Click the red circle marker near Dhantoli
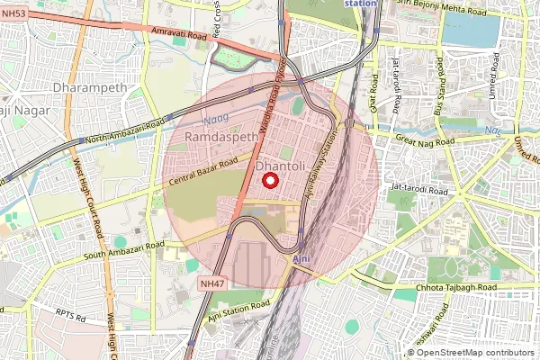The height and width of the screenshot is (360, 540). [x=269, y=181]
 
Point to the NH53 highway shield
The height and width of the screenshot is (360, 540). [x=14, y=13]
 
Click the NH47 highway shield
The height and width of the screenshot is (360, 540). [x=210, y=283]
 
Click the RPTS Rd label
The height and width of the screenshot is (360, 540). [x=69, y=318]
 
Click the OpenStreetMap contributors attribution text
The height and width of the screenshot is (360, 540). [x=475, y=352]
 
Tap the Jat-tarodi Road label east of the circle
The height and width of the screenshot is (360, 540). [x=418, y=192]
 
